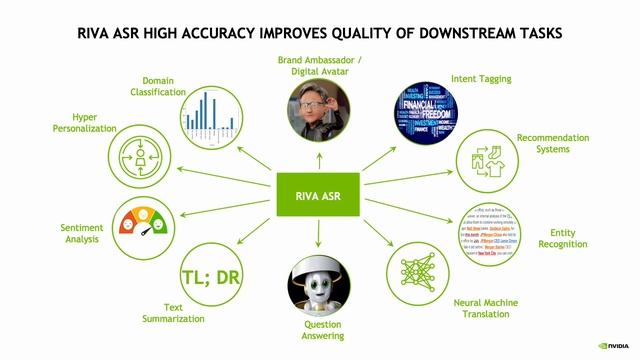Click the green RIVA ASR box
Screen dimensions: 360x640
click(318, 196)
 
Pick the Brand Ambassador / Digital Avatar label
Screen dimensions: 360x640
click(319, 65)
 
